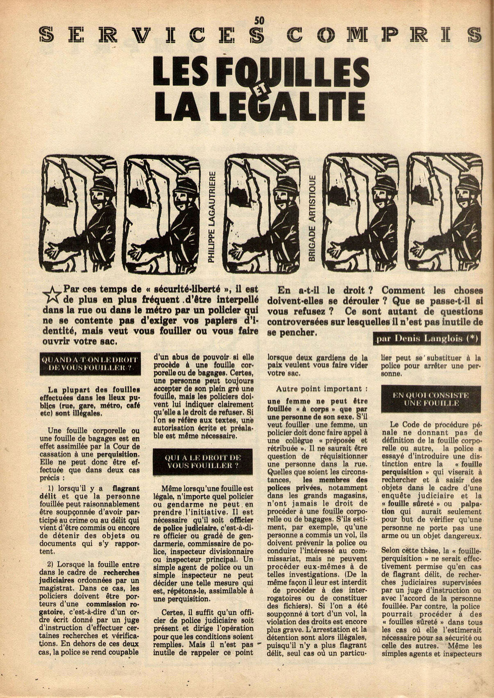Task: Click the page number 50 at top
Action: pos(259,20)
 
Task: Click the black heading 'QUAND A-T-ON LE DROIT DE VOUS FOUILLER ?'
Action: pos(91,363)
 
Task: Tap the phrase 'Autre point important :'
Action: pos(319,389)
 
